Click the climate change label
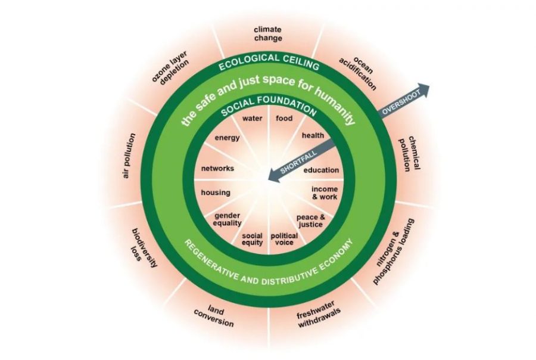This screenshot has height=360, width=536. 267,33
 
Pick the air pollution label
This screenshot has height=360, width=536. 127,157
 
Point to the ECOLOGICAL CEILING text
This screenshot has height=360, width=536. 268,61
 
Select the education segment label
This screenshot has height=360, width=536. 321,170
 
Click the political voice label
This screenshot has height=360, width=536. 284,239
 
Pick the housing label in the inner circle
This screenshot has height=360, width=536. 215,193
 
